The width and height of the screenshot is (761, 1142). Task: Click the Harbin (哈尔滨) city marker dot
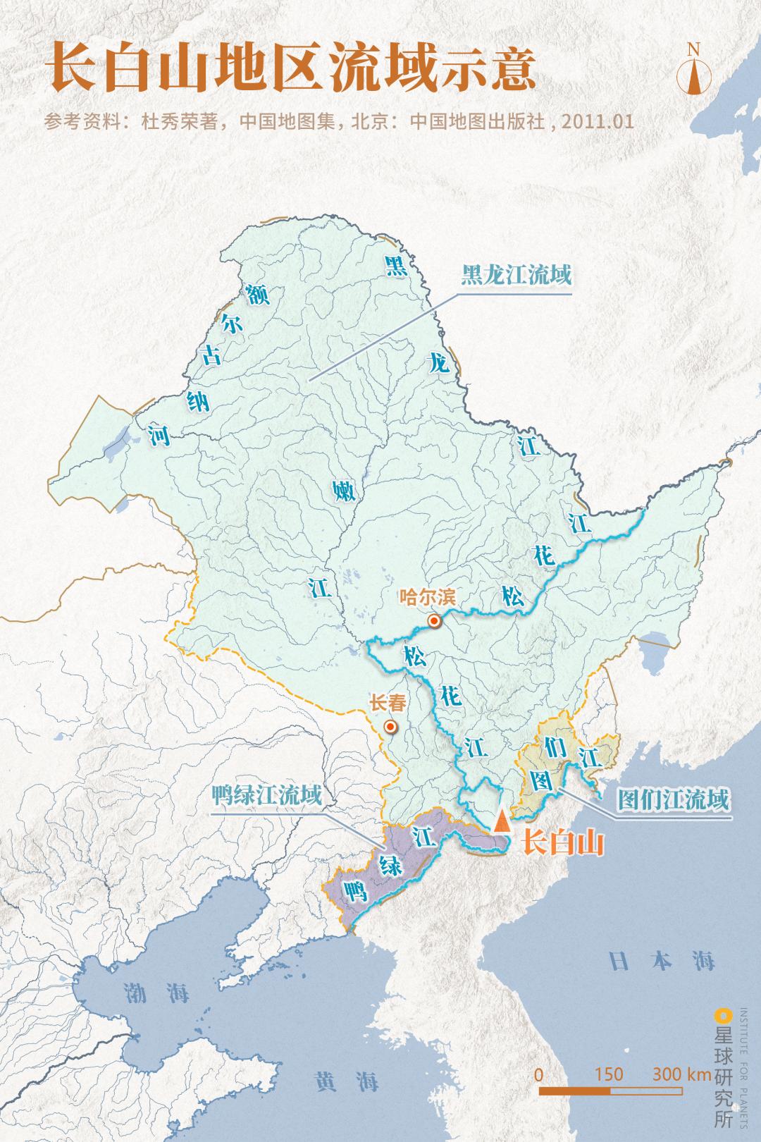435,621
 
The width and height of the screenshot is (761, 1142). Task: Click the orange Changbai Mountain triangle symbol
501,821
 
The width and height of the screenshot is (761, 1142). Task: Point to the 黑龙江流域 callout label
515,274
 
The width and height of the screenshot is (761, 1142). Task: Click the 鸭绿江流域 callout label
266,797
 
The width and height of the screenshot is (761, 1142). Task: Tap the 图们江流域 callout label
672,800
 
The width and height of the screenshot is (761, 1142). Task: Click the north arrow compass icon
693,69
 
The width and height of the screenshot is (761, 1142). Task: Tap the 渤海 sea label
156,993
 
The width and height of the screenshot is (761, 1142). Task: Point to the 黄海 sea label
347,1081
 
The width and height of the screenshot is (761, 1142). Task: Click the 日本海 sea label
662,961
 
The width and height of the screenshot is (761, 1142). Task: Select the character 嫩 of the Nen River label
345,491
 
